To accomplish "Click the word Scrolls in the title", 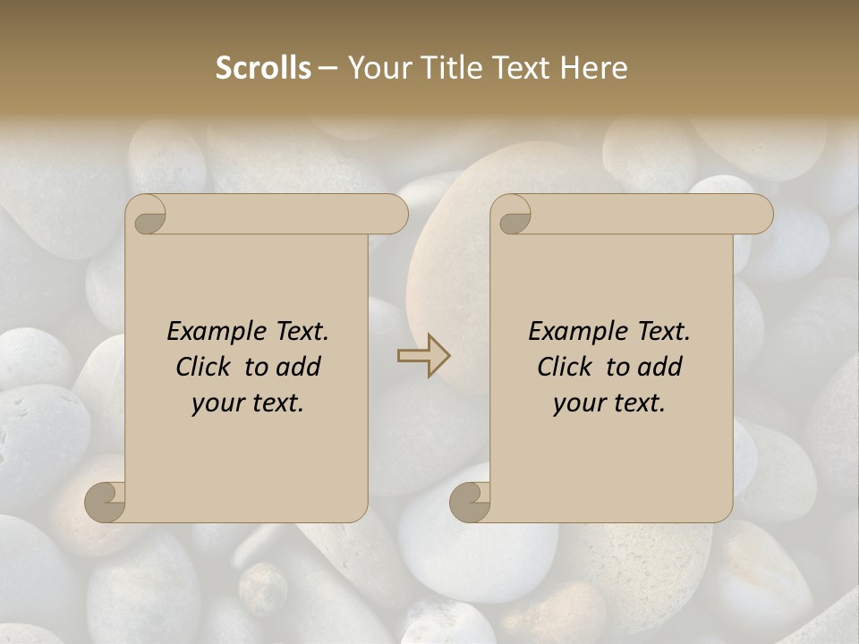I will coord(263,68).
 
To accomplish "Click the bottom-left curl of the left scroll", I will coord(106,502).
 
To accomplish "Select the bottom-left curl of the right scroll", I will coord(471,502).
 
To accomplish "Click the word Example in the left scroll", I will coord(216,332).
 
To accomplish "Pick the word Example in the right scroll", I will coord(578,332).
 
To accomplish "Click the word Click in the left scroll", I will coord(202,367).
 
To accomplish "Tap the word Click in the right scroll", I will coord(565,367).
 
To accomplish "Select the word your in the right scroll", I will coord(578,403).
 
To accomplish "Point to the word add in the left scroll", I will coord(297,367).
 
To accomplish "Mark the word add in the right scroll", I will coord(659,367).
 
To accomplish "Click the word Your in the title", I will coord(378,68).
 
